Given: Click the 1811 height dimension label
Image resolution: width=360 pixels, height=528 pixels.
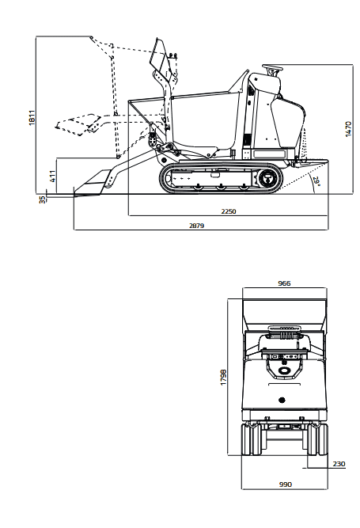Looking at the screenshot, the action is tap(32, 117).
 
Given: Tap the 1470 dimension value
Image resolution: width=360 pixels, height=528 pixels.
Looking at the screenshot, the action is tap(349, 128).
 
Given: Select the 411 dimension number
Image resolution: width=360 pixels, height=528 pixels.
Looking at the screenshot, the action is tap(53, 176).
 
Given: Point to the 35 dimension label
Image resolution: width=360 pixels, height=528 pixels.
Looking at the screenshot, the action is tap(42, 199).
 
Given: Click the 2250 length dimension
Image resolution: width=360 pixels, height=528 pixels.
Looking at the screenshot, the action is tap(229, 211).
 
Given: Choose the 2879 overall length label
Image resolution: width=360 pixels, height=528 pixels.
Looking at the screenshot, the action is tap(196, 226).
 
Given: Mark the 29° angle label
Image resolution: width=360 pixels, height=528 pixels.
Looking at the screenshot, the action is tap(316, 181).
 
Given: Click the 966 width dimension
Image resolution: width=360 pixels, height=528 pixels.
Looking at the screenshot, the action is tap(284, 283).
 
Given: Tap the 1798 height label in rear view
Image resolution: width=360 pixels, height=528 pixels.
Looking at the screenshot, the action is tap(223, 378).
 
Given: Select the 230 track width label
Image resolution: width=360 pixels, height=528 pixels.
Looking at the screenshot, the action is tap(339, 464).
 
